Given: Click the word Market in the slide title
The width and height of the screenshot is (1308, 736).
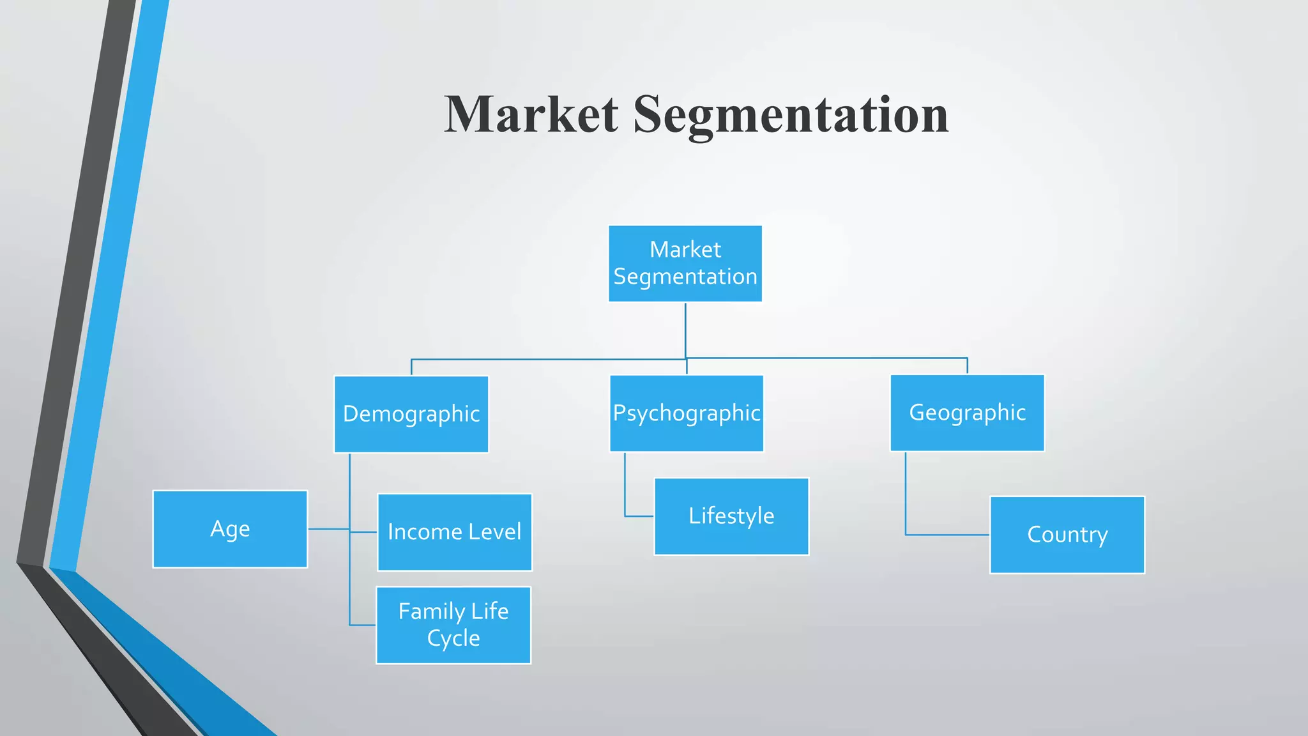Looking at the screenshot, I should pyautogui.click(x=531, y=114).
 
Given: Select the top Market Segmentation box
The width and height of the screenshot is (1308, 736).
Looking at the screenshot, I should pyautogui.click(x=685, y=263).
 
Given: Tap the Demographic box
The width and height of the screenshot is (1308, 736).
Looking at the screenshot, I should pyautogui.click(x=411, y=414).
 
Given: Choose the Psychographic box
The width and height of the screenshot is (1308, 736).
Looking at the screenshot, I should pyautogui.click(x=687, y=413).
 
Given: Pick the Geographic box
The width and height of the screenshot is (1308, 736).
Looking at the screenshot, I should pyautogui.click(x=967, y=413).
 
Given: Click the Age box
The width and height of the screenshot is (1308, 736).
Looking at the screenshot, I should pyautogui.click(x=230, y=529).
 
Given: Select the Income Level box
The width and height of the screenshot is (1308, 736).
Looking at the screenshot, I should pyautogui.click(x=454, y=532).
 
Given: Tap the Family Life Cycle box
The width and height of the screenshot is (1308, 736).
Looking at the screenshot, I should pyautogui.click(x=453, y=625).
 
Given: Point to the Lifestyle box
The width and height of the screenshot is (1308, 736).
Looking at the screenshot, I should pyautogui.click(x=731, y=516).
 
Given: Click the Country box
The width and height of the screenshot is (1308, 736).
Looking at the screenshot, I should pyautogui.click(x=1067, y=535).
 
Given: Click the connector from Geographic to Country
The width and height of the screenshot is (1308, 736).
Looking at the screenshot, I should pyautogui.click(x=906, y=505).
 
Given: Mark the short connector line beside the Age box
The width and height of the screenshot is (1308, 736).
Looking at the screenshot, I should pyautogui.click(x=328, y=529).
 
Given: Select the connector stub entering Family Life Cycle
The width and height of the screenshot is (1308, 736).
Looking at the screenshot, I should pyautogui.click(x=362, y=625).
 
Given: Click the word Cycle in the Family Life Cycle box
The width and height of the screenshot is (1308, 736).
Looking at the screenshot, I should pyautogui.click(x=453, y=638).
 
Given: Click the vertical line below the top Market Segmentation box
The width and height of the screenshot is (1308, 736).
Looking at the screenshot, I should pyautogui.click(x=685, y=329).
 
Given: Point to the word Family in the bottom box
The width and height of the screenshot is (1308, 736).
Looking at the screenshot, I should pyautogui.click(x=431, y=611).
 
